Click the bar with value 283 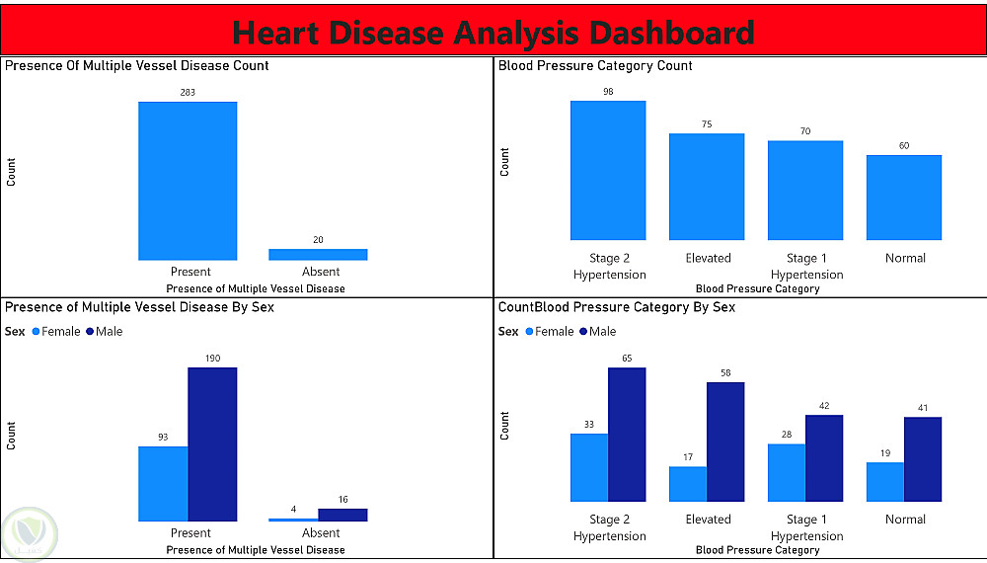(x=188, y=181)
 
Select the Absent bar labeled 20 (x=318, y=255)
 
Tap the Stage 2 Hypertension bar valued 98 (x=608, y=170)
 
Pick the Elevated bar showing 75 (x=707, y=187)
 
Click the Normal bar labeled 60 (x=904, y=198)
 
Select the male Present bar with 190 (x=213, y=444)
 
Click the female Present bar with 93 (x=163, y=484)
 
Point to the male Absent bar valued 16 (x=343, y=516)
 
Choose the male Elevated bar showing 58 (x=725, y=442)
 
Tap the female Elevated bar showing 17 (x=688, y=484)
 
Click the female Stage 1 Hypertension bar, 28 (x=787, y=473)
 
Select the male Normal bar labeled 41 (x=923, y=459)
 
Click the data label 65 (x=627, y=359)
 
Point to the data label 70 (x=805, y=131)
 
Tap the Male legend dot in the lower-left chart (x=90, y=332)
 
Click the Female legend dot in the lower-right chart (x=529, y=332)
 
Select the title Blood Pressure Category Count (x=595, y=65)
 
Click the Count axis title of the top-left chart (x=11, y=172)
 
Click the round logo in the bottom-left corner (x=31, y=534)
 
